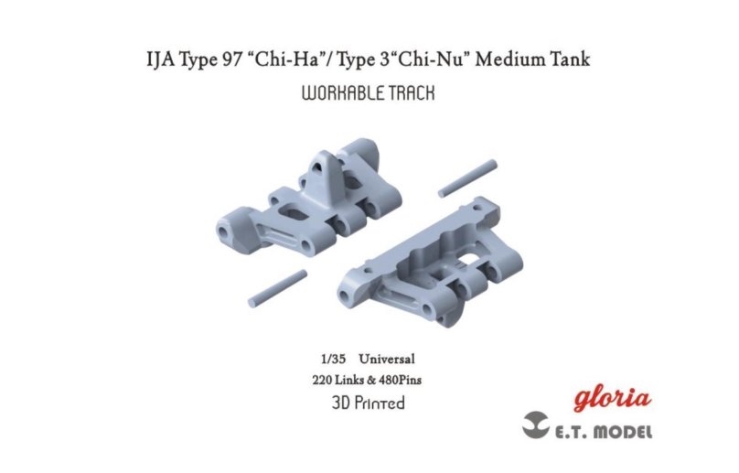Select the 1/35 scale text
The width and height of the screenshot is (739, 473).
click(x=333, y=360)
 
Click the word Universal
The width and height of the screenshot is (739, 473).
click(x=387, y=359)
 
